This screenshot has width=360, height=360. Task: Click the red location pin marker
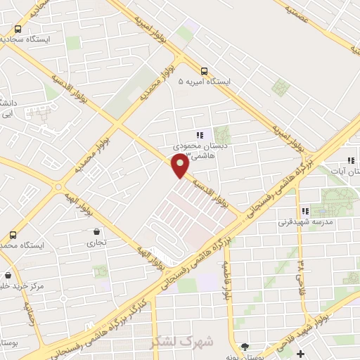[181, 165]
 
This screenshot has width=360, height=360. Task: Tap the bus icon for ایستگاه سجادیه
[18, 30]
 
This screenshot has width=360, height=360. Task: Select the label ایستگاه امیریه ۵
[204, 82]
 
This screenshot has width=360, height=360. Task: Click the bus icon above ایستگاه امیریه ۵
[204, 71]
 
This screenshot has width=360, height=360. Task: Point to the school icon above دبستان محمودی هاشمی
[200, 135]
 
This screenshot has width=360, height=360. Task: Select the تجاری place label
[95, 243]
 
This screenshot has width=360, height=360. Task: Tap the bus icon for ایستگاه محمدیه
[12, 235]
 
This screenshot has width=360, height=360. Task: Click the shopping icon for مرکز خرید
[8, 275]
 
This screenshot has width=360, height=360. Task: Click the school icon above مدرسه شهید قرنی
[304, 211]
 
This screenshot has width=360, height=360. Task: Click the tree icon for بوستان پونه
[244, 347]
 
